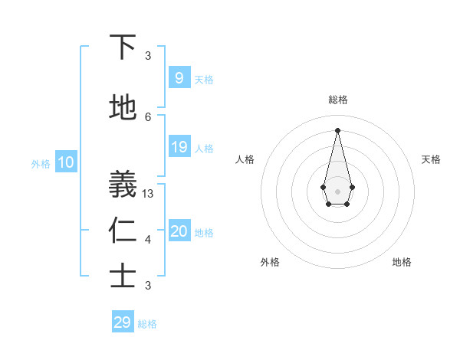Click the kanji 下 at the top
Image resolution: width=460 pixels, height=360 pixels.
[x=123, y=47]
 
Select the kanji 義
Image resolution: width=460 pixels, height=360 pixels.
[x=123, y=185]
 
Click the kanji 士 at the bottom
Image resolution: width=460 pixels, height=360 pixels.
[x=123, y=277]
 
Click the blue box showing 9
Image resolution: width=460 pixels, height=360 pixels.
[x=179, y=77]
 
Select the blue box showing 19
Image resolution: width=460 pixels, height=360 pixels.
[x=179, y=147]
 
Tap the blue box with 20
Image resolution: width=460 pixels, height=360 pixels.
[x=179, y=231]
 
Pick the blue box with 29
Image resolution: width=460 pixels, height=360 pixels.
[x=123, y=322]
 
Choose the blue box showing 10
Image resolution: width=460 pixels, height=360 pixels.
[x=65, y=162]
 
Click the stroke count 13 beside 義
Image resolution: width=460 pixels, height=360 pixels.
[x=148, y=194]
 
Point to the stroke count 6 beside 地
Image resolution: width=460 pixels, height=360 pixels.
[x=148, y=116]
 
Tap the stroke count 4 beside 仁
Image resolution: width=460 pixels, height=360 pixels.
[x=148, y=240]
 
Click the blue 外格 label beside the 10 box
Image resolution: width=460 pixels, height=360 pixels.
[x=40, y=163]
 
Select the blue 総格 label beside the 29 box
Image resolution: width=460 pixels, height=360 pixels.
[x=147, y=324]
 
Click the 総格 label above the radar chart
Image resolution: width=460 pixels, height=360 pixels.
[x=337, y=100]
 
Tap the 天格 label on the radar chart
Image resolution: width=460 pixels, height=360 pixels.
[x=431, y=159]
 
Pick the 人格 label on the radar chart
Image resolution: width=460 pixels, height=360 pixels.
[x=245, y=159]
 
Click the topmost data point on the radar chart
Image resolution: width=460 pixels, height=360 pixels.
[x=337, y=129]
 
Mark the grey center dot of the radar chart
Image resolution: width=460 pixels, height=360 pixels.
[x=337, y=190]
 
